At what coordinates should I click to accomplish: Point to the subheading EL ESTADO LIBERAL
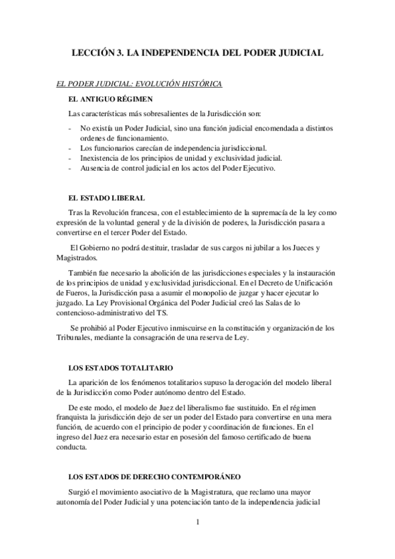tap(106, 198)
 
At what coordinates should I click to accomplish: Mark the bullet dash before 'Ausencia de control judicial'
tap(70, 168)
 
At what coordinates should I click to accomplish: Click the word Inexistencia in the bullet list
tap(100, 158)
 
